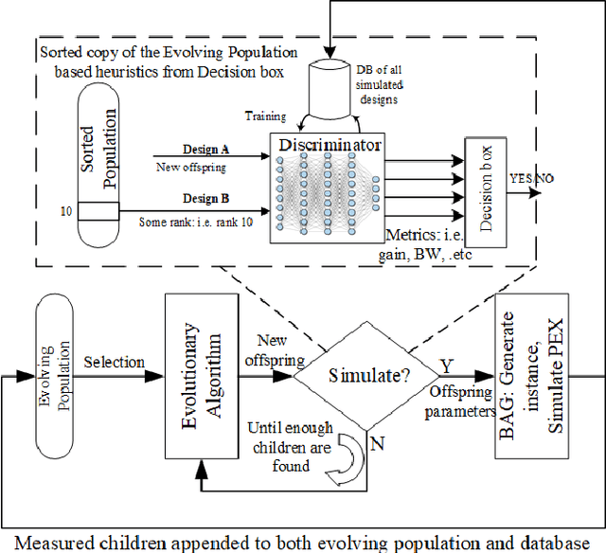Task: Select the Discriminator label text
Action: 330,146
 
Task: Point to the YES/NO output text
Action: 533,179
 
